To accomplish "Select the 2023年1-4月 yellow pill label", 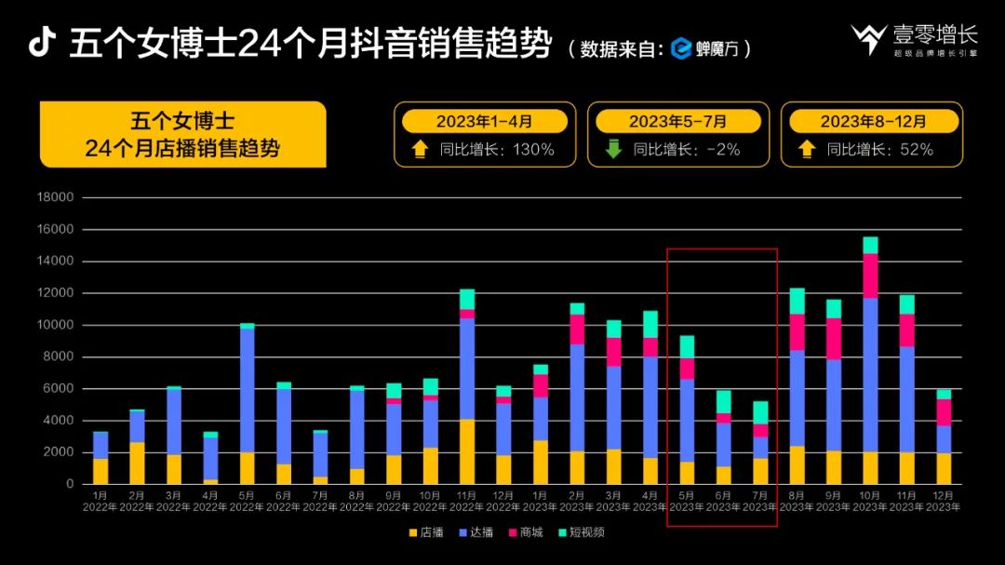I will pos(484,121).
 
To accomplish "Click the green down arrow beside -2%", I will pos(612,149).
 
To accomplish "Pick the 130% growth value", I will pos(534,149).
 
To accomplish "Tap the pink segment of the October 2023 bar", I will pos(870,276).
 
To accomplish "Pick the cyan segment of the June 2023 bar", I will pos(724,401).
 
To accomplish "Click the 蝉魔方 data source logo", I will pos(704,48).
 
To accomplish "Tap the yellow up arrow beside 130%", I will pos(420,149).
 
